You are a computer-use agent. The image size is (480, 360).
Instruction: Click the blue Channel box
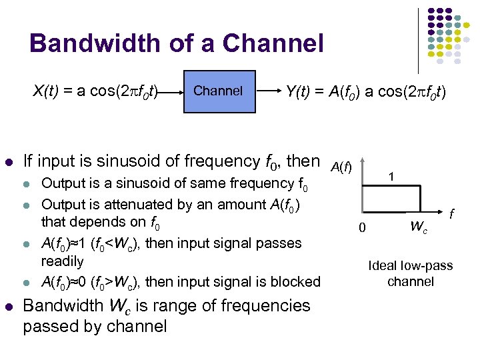tap(218, 91)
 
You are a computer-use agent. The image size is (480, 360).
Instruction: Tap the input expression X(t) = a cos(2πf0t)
tap(95, 91)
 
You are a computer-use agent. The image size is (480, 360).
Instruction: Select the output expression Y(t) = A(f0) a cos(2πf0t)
tap(365, 91)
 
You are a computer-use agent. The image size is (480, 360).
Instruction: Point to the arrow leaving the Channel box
tap(267, 91)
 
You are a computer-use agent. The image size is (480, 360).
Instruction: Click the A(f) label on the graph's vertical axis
tap(341, 165)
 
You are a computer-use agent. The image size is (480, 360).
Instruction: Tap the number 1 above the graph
tap(393, 176)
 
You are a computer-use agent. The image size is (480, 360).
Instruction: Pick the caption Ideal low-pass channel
tap(410, 273)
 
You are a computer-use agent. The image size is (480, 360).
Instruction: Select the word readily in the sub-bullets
tap(62, 261)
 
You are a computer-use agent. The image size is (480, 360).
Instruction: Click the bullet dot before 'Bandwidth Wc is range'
tap(9, 307)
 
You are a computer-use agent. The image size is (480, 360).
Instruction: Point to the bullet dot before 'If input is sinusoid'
tap(9, 162)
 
